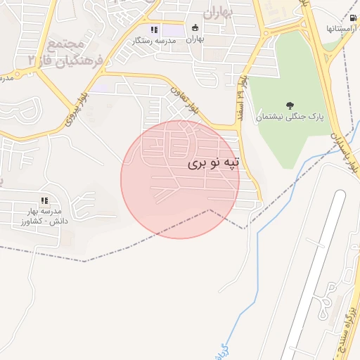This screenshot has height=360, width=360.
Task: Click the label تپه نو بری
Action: click(x=214, y=163)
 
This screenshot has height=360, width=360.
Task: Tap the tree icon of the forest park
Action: click(x=290, y=105)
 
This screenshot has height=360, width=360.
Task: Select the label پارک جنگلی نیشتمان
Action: click(x=290, y=118)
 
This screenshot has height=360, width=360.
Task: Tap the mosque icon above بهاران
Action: click(x=195, y=28)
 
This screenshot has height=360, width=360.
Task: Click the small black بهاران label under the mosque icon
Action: click(x=195, y=39)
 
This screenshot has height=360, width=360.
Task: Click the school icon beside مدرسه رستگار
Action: click(x=154, y=30)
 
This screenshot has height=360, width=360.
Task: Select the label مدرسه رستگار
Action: click(x=155, y=41)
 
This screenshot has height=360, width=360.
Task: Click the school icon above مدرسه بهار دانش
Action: click(x=44, y=201)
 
